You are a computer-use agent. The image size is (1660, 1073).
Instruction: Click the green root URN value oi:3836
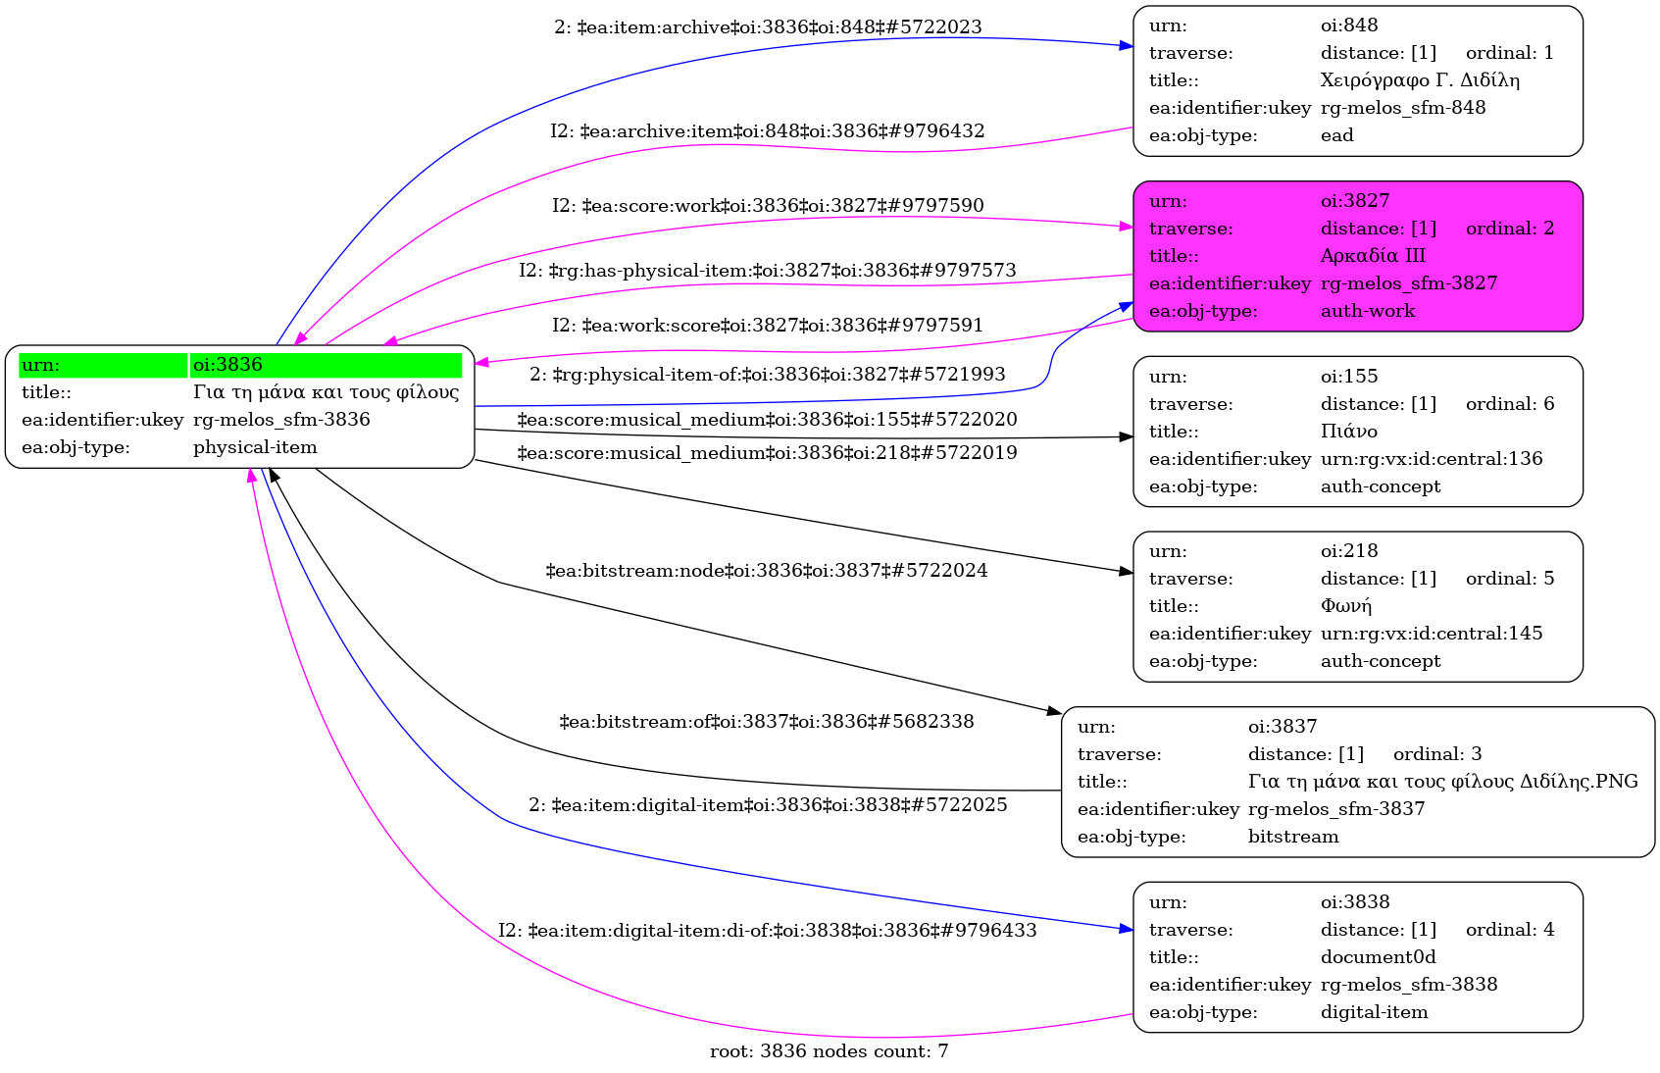coord(227,365)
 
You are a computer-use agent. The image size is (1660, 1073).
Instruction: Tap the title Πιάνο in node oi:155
coord(1348,432)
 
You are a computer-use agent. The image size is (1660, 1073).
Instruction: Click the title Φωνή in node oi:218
coord(1345,606)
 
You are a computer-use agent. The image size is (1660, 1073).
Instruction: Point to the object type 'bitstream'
coord(1292,837)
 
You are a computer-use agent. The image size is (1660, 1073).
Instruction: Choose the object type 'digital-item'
coord(1374,1012)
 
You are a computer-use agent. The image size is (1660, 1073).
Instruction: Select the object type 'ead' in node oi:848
coord(1336,135)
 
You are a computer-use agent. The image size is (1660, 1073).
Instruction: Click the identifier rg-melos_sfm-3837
coord(1335,809)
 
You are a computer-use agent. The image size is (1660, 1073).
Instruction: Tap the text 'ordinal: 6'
coord(1509,404)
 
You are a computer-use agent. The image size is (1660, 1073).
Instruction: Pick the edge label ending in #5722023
coord(768,27)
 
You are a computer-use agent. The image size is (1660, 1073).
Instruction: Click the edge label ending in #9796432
coord(767,131)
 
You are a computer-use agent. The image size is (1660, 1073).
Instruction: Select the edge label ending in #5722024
coord(766,571)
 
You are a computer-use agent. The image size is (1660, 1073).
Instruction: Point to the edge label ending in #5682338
coord(766,722)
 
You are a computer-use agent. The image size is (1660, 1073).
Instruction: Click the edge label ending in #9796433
coord(767,930)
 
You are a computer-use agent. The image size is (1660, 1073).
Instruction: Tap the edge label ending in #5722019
coord(767,453)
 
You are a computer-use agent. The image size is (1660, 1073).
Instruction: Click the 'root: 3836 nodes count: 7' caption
coord(829,1051)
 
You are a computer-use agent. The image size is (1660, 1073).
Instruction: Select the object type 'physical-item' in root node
coord(255,447)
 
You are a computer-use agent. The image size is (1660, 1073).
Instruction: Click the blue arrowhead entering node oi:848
coord(1127,45)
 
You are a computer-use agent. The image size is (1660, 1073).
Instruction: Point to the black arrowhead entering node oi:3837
coord(1054,711)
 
